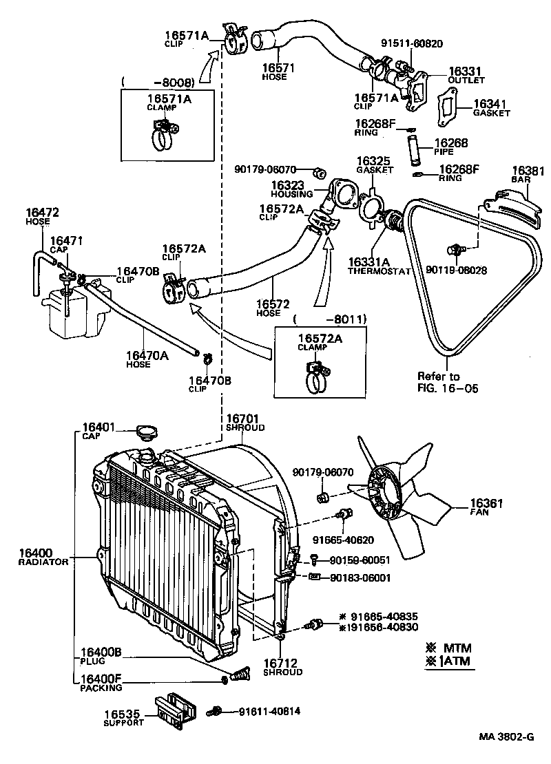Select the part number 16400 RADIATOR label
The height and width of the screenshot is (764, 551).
[x=43, y=556]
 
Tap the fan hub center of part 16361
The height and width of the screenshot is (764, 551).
[x=387, y=491]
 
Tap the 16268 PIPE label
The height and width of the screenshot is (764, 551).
[x=450, y=147]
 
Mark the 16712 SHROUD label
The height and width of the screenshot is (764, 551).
[x=282, y=667]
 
